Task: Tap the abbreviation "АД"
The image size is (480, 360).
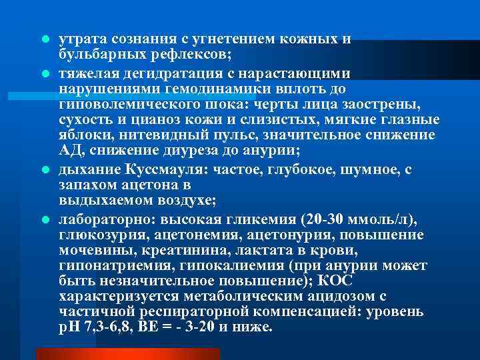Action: point(69,152)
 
